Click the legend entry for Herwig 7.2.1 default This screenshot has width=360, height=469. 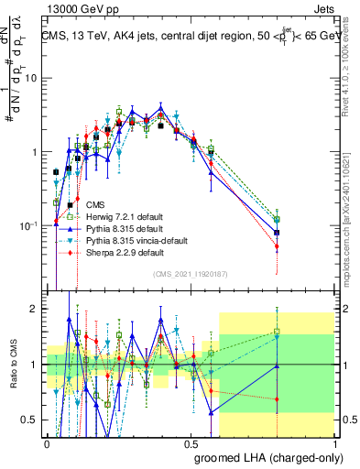tap(104, 216)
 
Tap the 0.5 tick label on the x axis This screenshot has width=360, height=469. tap(191, 442)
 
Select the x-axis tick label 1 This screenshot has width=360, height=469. tap(334, 442)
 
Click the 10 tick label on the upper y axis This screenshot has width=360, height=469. tap(29, 78)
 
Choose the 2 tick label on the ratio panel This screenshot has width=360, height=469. tap(34, 310)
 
